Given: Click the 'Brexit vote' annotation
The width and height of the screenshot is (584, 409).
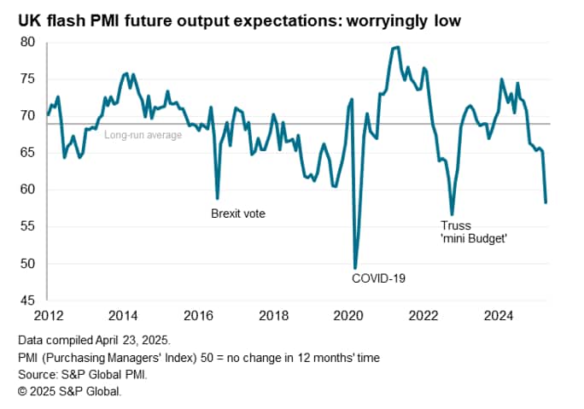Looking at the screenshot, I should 238,213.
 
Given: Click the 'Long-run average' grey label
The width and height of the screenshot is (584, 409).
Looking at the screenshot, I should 143,134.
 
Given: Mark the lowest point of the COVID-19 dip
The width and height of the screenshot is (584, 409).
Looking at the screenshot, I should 355,268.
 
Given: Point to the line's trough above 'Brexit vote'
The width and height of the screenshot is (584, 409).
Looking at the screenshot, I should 218,198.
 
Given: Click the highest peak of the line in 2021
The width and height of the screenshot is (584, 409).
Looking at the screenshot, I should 396,47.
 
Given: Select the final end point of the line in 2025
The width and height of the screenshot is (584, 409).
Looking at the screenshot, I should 546,202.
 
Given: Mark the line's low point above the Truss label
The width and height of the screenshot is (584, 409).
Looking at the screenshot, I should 452,214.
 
